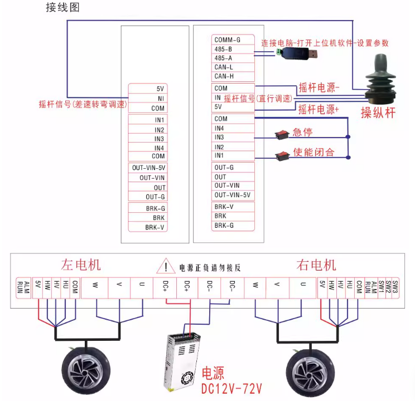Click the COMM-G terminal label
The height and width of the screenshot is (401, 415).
pos(227,40)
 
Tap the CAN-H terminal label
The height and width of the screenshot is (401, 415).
pos(224,76)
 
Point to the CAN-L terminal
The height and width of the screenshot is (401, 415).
pos(224,67)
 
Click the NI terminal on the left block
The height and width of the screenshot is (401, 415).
pos(160,98)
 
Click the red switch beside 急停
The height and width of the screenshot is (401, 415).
pos(282,134)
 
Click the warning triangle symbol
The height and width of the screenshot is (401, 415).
pos(166,267)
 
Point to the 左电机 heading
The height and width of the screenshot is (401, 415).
pos(81,265)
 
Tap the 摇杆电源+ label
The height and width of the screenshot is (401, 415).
pos(319,109)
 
